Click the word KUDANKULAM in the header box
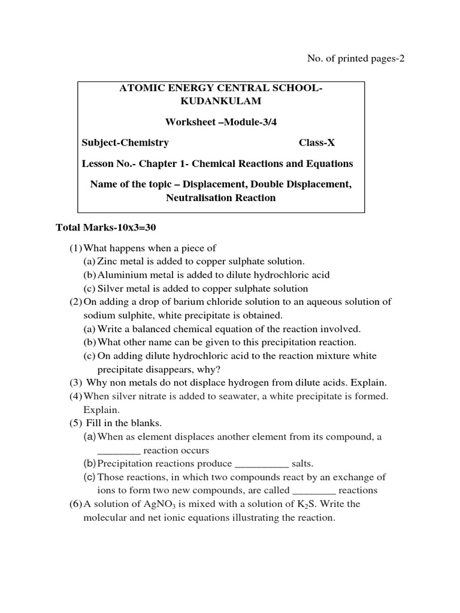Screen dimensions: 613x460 point(221,102)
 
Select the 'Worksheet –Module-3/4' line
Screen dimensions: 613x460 point(221,122)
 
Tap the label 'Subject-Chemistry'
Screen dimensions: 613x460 point(125,142)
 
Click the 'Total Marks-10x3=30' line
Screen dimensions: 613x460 point(105,227)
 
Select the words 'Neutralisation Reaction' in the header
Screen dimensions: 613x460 point(221,198)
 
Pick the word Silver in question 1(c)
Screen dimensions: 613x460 point(110,289)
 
